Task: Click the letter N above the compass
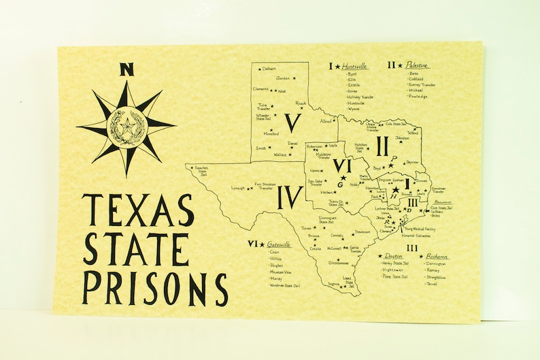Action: pos(126,69)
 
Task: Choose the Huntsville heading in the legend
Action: pos(354,66)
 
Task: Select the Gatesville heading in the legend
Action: pos(280,244)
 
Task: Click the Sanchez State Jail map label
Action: pos(200,169)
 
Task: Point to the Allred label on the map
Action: pos(326,120)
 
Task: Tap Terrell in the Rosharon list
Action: pos(434,283)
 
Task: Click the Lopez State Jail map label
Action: pos(348,281)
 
